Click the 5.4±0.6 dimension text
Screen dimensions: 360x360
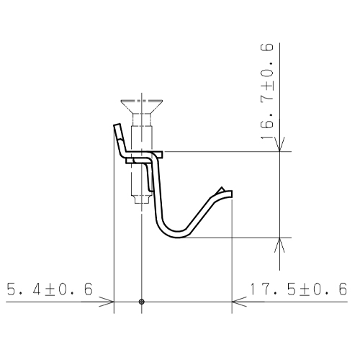click(50, 289)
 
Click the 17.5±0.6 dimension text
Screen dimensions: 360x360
click(299, 289)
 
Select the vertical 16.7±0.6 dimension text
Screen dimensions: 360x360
click(267, 91)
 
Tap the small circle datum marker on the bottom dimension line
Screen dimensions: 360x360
click(142, 302)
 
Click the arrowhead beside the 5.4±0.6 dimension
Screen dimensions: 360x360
click(107, 302)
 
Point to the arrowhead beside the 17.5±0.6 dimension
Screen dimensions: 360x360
click(239, 302)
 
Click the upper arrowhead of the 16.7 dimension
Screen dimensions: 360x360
click(279, 145)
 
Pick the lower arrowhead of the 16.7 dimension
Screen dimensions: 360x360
click(279, 245)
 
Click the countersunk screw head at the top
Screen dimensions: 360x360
click(142, 107)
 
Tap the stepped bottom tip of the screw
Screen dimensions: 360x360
click(142, 199)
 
